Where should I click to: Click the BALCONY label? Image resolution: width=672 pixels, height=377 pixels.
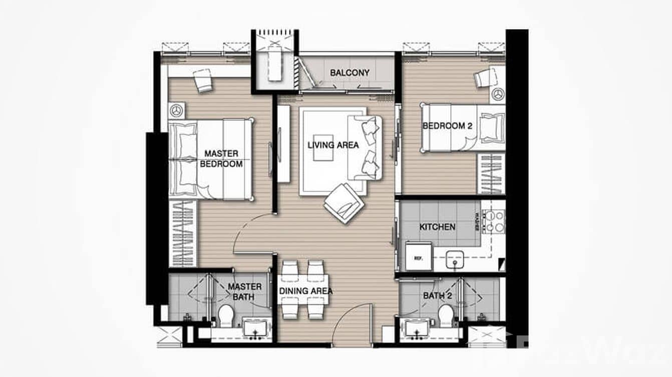pos(350,72)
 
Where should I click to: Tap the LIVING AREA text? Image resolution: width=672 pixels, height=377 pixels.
pos(333,145)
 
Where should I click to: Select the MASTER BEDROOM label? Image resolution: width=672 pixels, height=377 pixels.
pos(221,158)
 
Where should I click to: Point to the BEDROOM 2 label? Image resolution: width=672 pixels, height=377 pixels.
pos(447,126)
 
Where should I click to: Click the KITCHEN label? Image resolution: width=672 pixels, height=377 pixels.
pos(437,227)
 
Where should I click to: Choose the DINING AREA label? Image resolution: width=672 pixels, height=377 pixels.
pos(306,290)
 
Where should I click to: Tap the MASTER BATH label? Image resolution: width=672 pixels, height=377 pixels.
pos(244,291)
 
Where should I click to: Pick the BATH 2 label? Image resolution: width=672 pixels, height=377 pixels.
pos(437,296)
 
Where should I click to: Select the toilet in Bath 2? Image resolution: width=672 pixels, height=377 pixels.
pos(445,314)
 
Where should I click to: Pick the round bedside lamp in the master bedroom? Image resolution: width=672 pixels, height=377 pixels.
pos(176,109)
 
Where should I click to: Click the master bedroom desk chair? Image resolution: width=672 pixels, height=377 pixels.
pos(203,79)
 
